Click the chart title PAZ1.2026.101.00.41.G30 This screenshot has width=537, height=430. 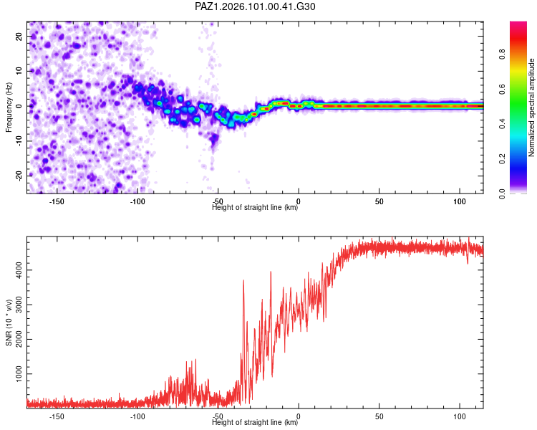click(x=255, y=6)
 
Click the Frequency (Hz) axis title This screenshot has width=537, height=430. click(x=9, y=107)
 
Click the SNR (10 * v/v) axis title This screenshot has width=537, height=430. click(x=9, y=322)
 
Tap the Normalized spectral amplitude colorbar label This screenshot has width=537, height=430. click(x=531, y=107)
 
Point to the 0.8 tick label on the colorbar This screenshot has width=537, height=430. click(x=502, y=54)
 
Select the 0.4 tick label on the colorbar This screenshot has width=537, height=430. click(x=502, y=124)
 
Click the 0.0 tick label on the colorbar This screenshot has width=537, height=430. click(x=502, y=193)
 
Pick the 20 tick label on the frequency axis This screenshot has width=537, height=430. click(x=19, y=36)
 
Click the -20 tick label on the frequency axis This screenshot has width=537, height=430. click(x=19, y=176)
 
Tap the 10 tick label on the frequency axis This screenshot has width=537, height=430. click(x=19, y=71)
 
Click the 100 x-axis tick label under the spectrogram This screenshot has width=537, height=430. click(x=460, y=201)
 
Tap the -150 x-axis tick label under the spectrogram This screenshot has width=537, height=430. click(x=57, y=201)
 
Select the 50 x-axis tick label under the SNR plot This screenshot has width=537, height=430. click(x=379, y=416)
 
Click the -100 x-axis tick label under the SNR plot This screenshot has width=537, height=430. click(x=137, y=416)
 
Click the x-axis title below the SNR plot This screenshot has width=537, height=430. click(x=255, y=422)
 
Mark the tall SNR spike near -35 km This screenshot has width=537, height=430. click(x=243, y=280)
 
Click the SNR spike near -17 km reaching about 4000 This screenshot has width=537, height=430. click(x=271, y=272)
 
